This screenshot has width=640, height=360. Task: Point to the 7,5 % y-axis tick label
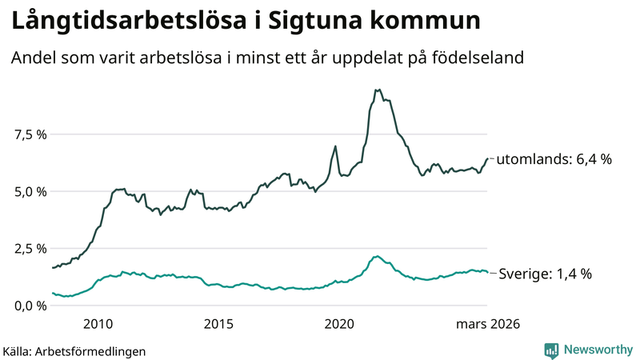tap(30, 134)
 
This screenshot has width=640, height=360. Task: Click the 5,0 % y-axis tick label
tap(30, 192)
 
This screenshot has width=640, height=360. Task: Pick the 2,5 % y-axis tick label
tap(30, 249)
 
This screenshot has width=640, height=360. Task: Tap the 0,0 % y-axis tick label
tap(30, 306)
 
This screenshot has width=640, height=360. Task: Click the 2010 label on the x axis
tap(98, 324)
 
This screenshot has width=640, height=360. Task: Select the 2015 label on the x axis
tap(218, 324)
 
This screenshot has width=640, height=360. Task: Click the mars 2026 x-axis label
tap(488, 324)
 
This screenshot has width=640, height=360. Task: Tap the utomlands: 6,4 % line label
tap(554, 159)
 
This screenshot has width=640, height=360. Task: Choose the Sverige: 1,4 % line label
tap(545, 274)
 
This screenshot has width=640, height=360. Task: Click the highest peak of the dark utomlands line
tap(378, 90)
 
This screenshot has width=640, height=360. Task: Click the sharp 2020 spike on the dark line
tap(335, 146)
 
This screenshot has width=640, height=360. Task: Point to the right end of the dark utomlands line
tap(487, 158)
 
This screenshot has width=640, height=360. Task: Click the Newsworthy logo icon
tap(551, 350)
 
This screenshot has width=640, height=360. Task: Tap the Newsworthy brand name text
tap(598, 350)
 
